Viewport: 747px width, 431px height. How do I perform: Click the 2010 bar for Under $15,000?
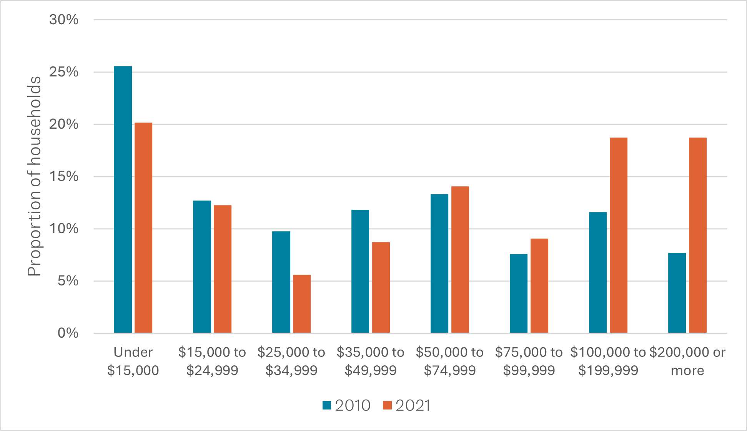[x=123, y=199]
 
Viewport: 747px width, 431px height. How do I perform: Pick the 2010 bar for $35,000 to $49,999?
[x=360, y=271]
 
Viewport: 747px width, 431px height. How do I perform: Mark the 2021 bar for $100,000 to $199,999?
[x=619, y=235]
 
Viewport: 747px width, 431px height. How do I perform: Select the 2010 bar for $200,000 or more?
[x=677, y=293]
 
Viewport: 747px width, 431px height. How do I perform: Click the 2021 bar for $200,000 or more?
[x=698, y=235]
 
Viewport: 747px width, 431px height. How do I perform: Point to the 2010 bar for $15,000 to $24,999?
[x=202, y=267]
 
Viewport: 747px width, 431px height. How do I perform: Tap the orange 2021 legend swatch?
[x=387, y=406]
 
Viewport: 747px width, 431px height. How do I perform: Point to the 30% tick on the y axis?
[x=64, y=20]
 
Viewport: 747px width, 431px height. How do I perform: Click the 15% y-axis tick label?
[x=64, y=177]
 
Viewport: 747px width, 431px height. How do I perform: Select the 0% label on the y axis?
[x=68, y=333]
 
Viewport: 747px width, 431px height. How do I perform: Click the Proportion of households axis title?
[x=34, y=176]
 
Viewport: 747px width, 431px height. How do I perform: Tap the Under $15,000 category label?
[x=133, y=361]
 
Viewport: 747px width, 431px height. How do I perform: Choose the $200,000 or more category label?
[x=687, y=361]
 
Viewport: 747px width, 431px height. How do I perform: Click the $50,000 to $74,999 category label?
[x=450, y=361]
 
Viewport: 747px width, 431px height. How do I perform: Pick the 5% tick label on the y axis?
[x=68, y=281]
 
